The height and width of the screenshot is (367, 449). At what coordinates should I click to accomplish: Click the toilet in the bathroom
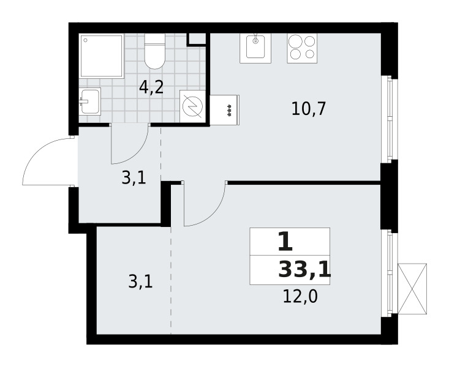[154, 51]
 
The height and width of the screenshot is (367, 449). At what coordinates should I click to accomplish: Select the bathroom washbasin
[90, 101]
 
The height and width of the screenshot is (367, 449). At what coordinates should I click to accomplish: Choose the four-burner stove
[302, 47]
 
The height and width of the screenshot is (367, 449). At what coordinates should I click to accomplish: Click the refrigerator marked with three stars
[224, 111]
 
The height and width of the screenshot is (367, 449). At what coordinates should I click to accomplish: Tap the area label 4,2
[151, 87]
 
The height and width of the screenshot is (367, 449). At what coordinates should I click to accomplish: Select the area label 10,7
[308, 109]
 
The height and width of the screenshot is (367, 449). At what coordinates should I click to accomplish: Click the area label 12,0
[300, 297]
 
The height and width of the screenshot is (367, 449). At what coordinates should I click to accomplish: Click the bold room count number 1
[285, 242]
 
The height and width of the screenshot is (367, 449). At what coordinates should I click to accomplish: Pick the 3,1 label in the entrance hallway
[133, 179]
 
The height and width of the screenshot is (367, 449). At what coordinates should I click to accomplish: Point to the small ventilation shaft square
[197, 38]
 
